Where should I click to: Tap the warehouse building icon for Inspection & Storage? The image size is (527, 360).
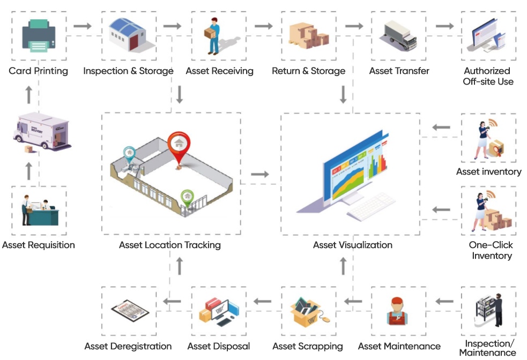pos(129,35)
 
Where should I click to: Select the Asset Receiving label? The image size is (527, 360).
pos(219,71)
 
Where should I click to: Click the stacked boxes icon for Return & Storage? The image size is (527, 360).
pos(309,35)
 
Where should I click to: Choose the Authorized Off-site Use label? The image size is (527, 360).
pos(488,76)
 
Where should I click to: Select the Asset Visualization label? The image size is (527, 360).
pos(353,245)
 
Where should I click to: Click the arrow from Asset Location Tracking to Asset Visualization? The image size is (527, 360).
pos(260,174)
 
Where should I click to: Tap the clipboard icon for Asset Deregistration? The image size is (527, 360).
pos(129,312)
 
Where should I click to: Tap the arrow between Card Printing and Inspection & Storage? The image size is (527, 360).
pos(83,25)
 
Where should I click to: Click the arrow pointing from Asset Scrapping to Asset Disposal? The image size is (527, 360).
pos(263,302)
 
